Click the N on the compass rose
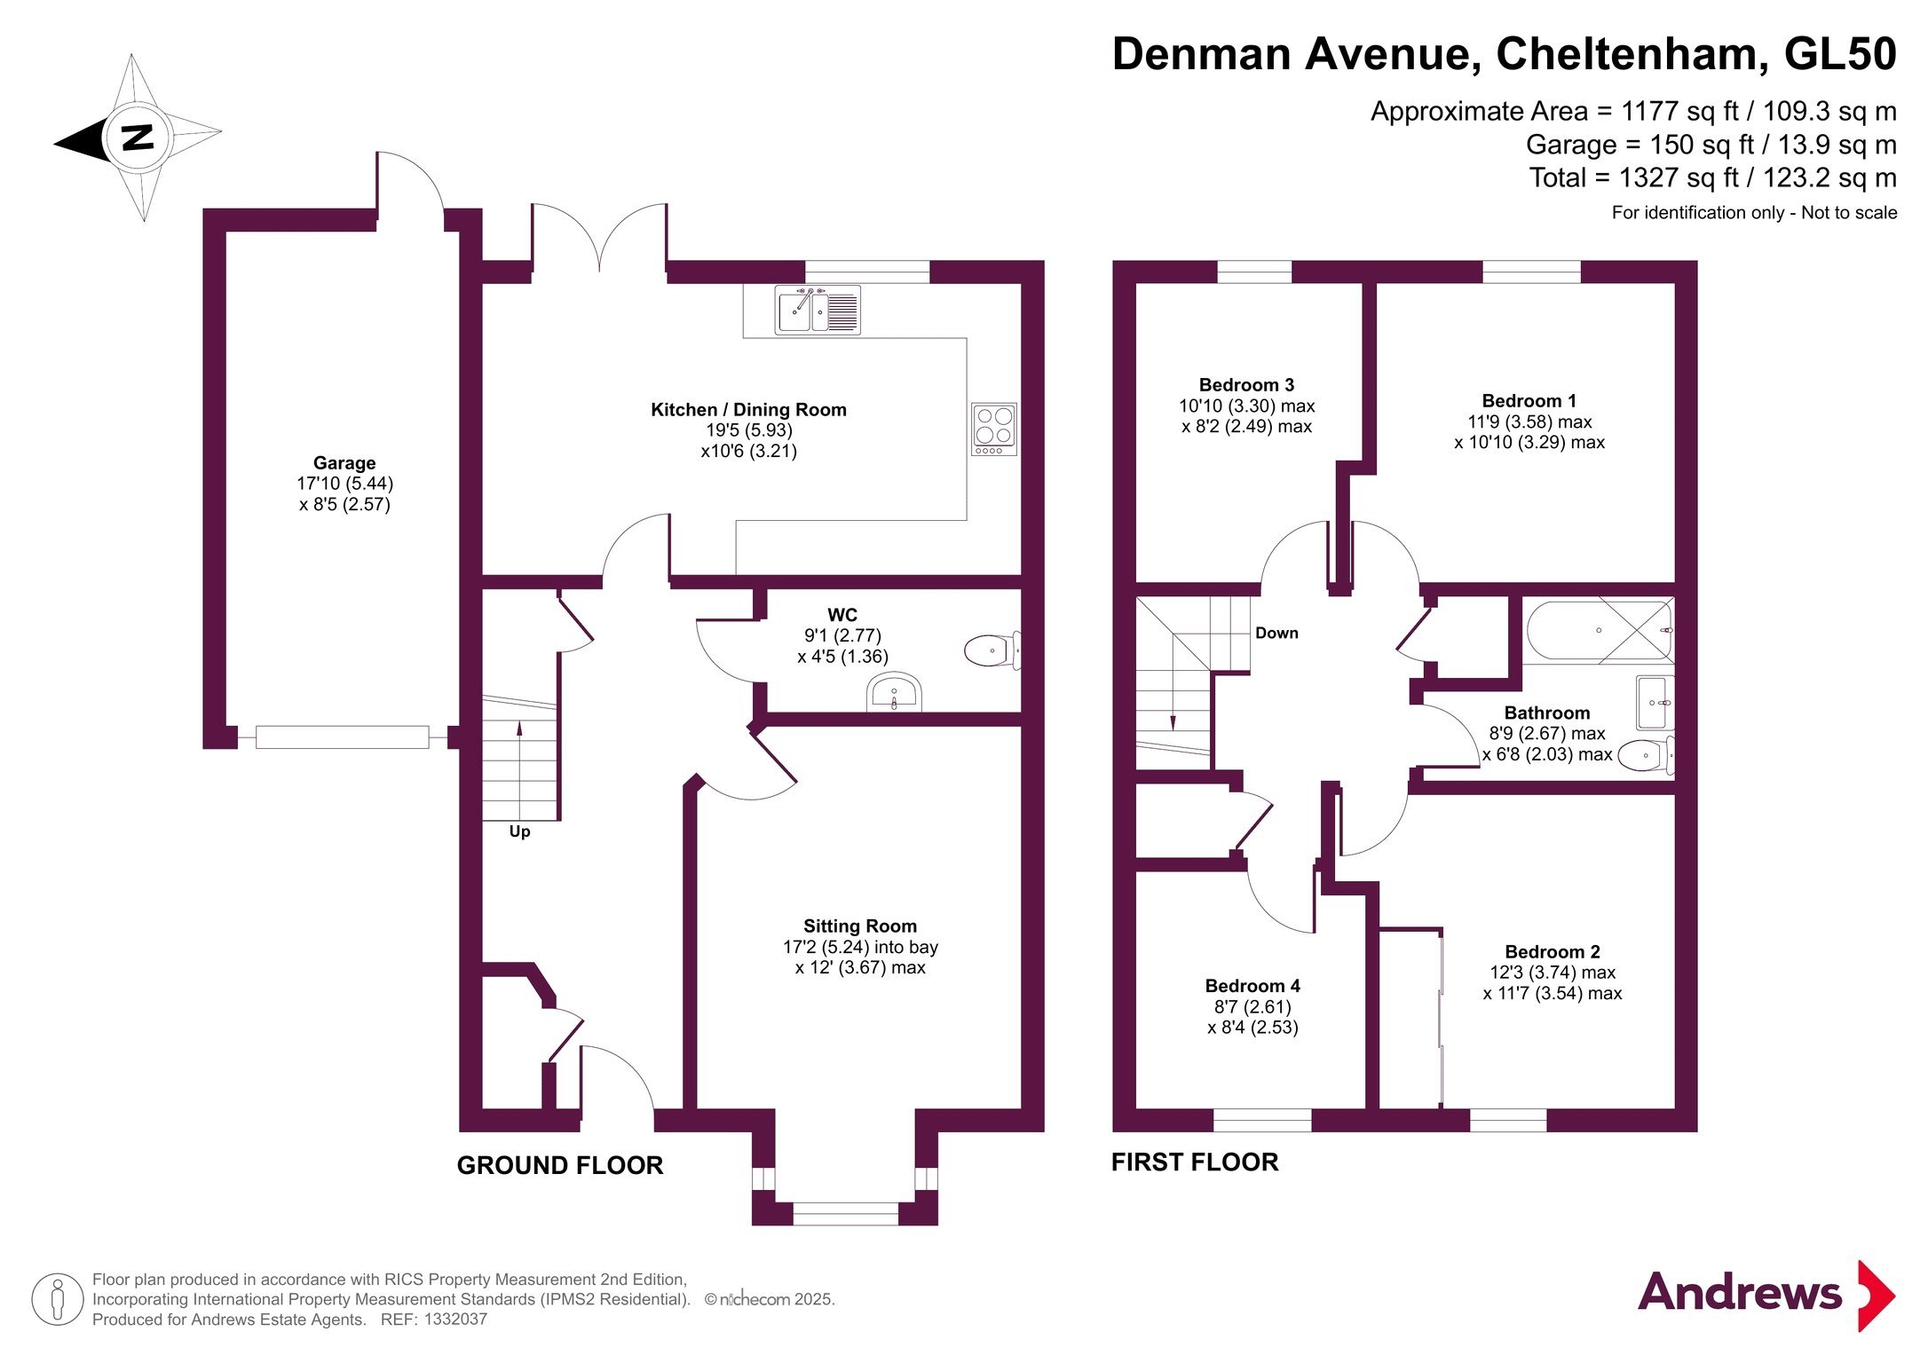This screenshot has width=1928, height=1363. pyautogui.click(x=138, y=138)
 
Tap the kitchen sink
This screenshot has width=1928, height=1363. pyautogui.click(x=818, y=310)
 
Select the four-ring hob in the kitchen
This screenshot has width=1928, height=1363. pyautogui.click(x=994, y=429)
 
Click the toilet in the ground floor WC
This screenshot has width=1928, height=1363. pyautogui.click(x=992, y=650)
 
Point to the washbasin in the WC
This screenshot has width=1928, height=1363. pyautogui.click(x=894, y=692)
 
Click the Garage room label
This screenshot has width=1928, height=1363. pyautogui.click(x=344, y=463)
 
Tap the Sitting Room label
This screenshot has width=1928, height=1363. pyautogui.click(x=860, y=926)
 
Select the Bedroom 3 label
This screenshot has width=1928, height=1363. pyautogui.click(x=1246, y=385)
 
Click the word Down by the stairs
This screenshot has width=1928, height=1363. pyautogui.click(x=1276, y=633)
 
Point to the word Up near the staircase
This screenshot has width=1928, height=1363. pyautogui.click(x=519, y=831)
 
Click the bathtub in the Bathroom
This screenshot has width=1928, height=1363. pyautogui.click(x=1600, y=631)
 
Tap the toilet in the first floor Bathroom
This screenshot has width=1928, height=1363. pyautogui.click(x=1647, y=755)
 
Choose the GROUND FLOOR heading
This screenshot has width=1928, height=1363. pyautogui.click(x=560, y=1165)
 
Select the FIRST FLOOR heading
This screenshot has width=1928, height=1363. pyautogui.click(x=1195, y=1162)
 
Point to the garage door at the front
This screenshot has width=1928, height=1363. pyautogui.click(x=343, y=737)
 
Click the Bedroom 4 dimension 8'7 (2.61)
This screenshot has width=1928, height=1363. pyautogui.click(x=1252, y=1007)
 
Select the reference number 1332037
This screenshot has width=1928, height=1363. pyautogui.click(x=456, y=1320)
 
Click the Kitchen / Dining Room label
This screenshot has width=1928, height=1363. pyautogui.click(x=748, y=410)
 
